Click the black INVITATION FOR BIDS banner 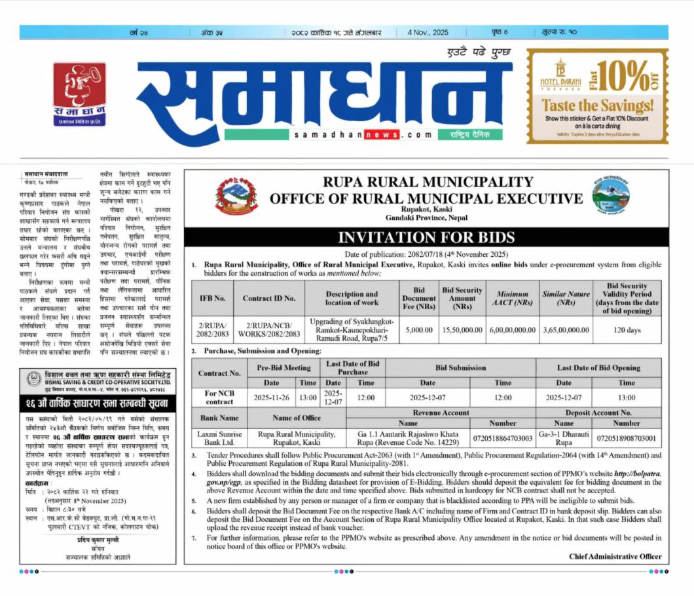tap(426, 238)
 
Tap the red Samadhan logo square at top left tap(79, 94)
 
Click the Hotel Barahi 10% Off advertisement tap(597, 96)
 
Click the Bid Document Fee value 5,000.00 tap(419, 330)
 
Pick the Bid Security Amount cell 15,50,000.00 tap(462, 330)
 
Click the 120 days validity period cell tap(627, 330)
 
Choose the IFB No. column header tap(212, 298)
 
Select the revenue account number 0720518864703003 tap(503, 437)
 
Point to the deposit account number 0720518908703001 tap(627, 437)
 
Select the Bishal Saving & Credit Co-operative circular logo tap(34, 379)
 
